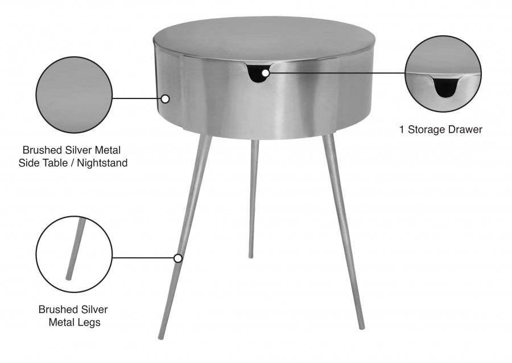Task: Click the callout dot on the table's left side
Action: [x=165, y=98]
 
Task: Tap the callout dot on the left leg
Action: [x=178, y=258]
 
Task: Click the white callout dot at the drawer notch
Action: [x=266, y=72]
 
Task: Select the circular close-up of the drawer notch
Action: [x=443, y=73]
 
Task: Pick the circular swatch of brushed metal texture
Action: [x=74, y=94]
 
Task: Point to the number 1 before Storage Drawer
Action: [x=402, y=130]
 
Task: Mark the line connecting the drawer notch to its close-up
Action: [x=336, y=72]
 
